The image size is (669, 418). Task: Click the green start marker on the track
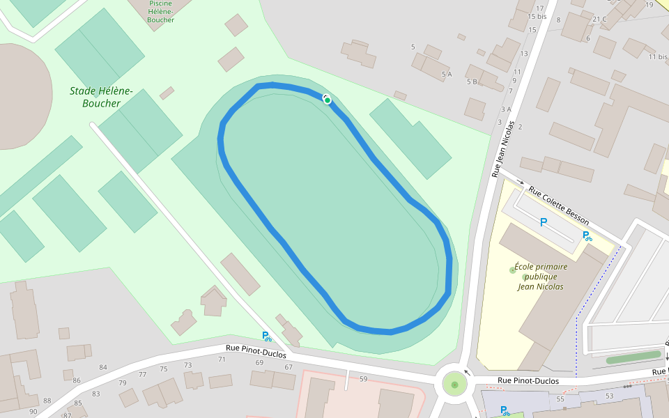(328, 101)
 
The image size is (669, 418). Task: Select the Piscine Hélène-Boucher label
(160, 12)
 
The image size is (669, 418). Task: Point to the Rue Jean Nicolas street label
(506, 148)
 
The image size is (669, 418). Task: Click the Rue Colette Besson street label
(558, 206)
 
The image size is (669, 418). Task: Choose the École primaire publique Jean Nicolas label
(541, 277)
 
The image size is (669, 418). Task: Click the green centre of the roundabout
(454, 385)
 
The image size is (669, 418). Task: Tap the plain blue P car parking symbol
(544, 222)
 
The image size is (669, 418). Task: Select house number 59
(363, 379)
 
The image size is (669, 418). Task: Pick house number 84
(103, 367)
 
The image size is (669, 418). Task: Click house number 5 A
(447, 74)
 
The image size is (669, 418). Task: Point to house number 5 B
(472, 82)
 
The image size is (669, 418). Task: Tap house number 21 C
(599, 19)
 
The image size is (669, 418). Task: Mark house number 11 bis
(658, 57)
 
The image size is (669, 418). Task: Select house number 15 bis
(537, 16)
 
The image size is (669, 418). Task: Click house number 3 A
(506, 109)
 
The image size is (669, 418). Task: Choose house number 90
(33, 412)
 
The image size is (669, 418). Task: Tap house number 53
(610, 396)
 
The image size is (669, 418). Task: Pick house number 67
(289, 367)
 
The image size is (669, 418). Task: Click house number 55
(560, 399)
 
